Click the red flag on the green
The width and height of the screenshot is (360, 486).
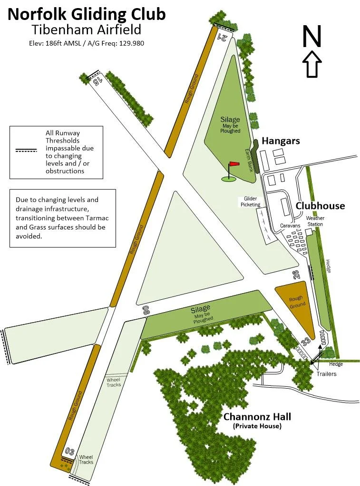234,164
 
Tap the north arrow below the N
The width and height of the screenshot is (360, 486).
312,64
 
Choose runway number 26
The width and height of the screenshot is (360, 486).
296,274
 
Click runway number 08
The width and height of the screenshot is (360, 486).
146,311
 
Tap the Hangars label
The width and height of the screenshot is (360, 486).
281,141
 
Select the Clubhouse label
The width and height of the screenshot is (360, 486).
320,206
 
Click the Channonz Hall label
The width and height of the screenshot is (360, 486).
257,417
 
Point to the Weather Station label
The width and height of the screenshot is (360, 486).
315,221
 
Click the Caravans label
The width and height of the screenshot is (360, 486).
290,226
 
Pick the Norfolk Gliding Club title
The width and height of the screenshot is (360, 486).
87,14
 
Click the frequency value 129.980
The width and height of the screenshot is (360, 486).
129,43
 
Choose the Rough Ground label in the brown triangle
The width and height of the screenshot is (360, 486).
296,302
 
